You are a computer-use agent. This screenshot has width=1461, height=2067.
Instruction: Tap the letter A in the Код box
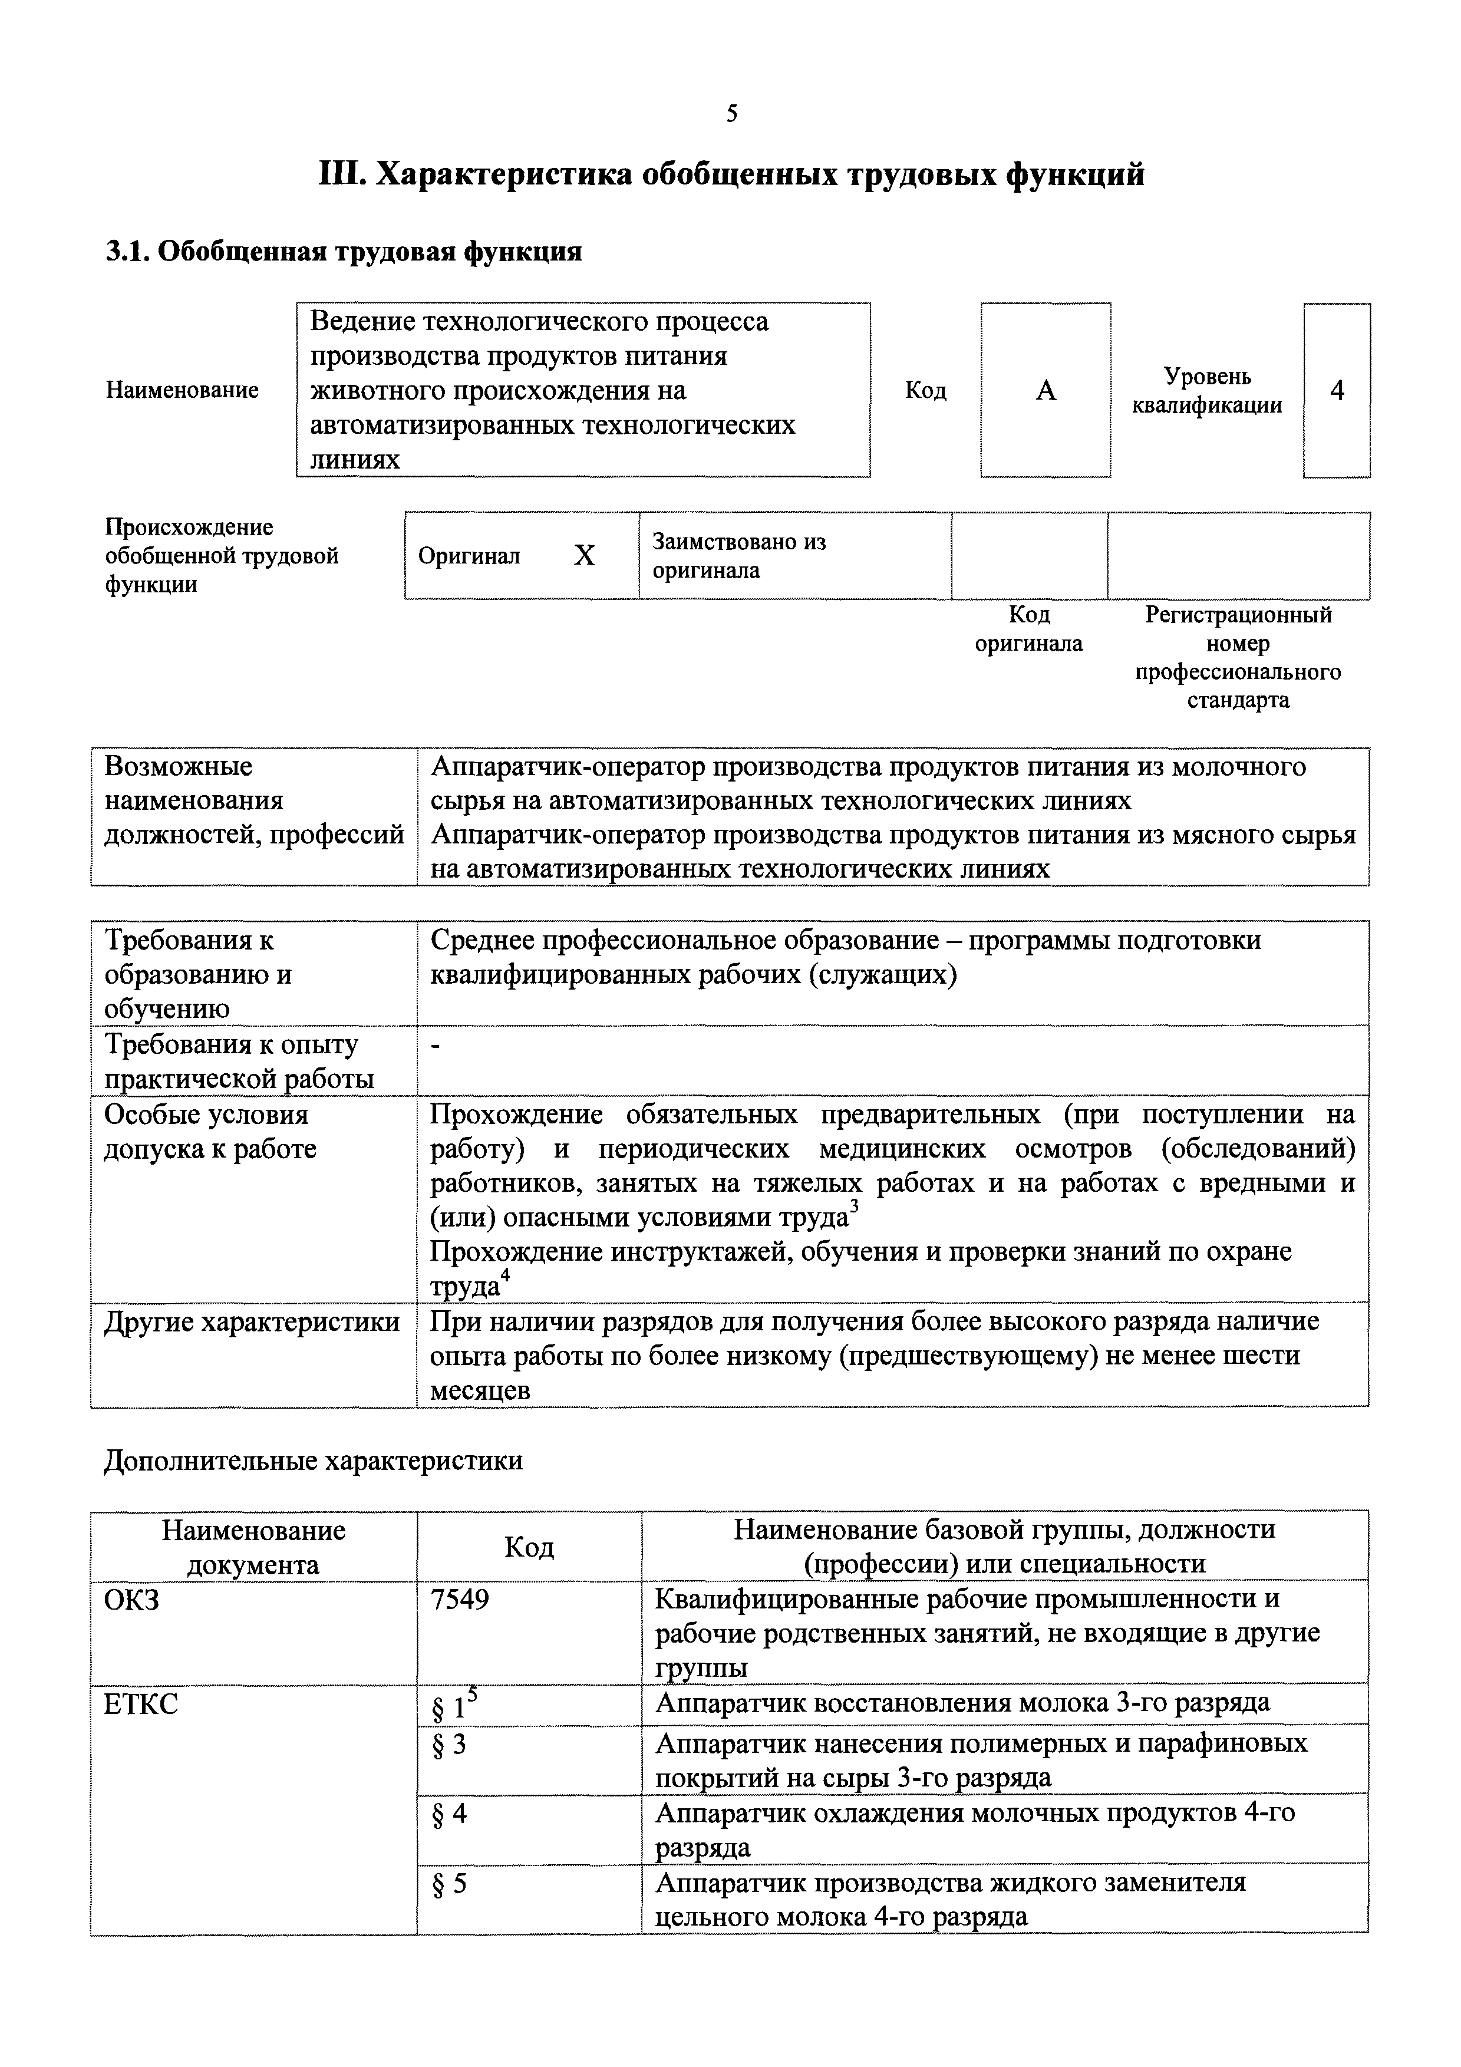(x=1045, y=391)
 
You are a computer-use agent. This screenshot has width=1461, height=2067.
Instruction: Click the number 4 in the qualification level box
(x=1337, y=391)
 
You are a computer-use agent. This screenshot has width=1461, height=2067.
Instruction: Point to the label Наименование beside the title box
(x=182, y=390)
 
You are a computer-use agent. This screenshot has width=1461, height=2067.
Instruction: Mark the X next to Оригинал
(x=584, y=555)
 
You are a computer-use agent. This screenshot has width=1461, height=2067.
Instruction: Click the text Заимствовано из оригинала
(x=738, y=555)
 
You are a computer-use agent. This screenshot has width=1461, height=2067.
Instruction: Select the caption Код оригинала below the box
(x=1029, y=628)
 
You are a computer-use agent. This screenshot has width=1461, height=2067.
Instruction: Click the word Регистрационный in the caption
(x=1238, y=615)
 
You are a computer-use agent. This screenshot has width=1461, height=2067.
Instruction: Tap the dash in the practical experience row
(x=436, y=1045)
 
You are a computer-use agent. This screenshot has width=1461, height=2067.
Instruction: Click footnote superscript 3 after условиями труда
(x=855, y=1206)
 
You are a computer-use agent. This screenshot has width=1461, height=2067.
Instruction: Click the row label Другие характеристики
(x=252, y=1321)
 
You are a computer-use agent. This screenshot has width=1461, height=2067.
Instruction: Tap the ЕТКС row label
(x=141, y=1704)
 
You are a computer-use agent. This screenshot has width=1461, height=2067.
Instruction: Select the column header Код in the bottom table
(x=529, y=1547)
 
